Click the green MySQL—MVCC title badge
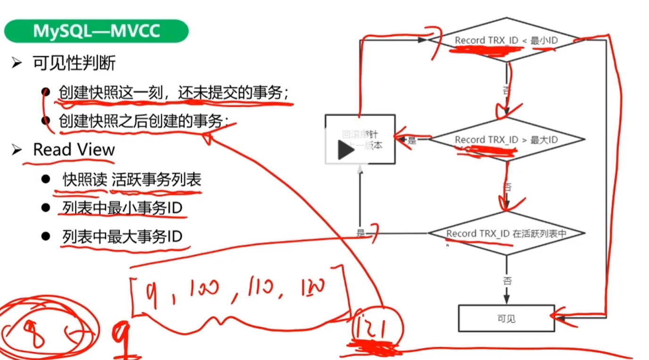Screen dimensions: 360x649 (x=96, y=31)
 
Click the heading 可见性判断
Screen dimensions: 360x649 (x=74, y=63)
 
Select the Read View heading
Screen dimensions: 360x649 (x=74, y=150)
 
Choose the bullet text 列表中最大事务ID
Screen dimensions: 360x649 (x=122, y=236)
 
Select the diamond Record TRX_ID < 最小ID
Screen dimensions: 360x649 (x=506, y=41)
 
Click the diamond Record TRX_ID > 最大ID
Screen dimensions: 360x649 (x=506, y=140)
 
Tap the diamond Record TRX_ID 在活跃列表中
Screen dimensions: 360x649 (x=506, y=234)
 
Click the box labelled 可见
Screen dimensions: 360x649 (x=506, y=318)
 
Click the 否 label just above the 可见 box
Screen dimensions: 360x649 (x=507, y=281)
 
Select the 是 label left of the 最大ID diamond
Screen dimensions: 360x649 (x=412, y=140)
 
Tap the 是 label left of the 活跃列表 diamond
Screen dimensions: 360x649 (x=361, y=233)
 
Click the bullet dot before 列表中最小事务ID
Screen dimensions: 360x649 (x=45, y=208)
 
